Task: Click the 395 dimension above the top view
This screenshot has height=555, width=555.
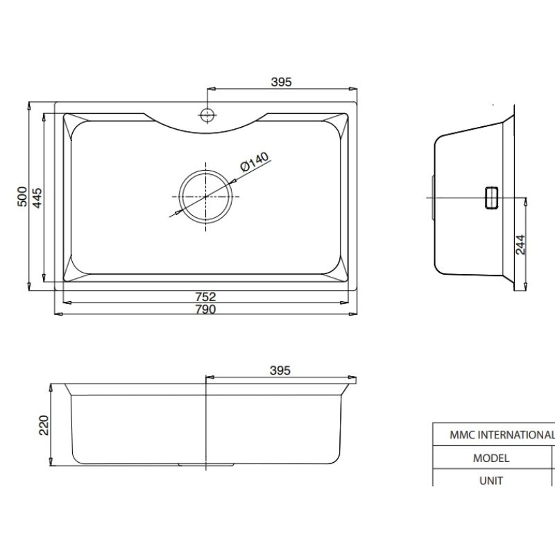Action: click(280, 82)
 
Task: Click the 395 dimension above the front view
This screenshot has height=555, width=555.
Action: click(279, 370)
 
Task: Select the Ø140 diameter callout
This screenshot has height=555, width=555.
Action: click(253, 164)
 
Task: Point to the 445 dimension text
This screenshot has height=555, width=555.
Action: click(39, 198)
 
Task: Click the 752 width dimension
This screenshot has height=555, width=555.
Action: click(206, 297)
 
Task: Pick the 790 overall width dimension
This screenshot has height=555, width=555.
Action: click(206, 309)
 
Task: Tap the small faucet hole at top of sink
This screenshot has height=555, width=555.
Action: click(207, 113)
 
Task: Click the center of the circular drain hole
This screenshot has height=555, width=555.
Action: click(206, 196)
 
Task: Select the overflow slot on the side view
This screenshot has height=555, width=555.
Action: click(491, 197)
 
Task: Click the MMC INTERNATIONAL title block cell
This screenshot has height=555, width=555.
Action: click(493, 435)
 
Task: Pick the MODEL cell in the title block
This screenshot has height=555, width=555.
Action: click(491, 458)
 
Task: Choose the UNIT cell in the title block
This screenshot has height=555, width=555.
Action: click(491, 480)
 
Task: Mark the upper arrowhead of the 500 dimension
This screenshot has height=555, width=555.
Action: click(28, 106)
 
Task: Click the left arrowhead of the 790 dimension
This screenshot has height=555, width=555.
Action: click(58, 314)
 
